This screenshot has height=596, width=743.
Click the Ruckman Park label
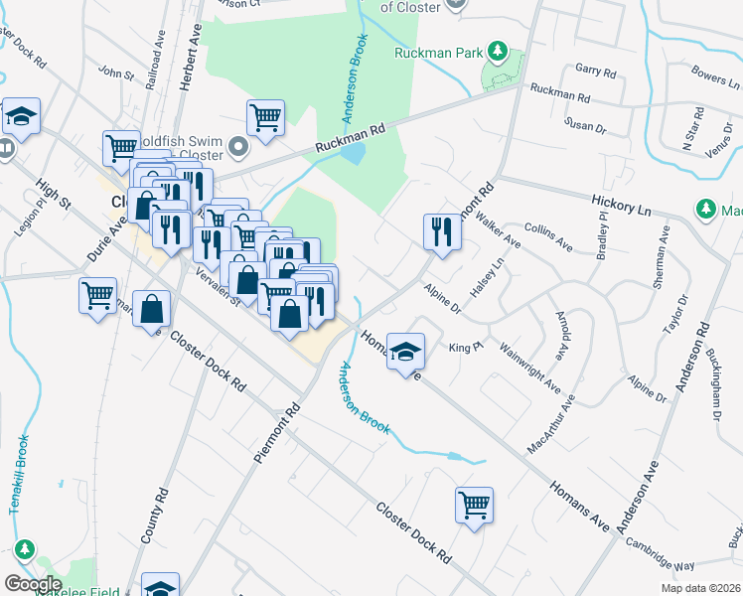tap(436, 52)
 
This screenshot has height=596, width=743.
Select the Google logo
tap(32, 583)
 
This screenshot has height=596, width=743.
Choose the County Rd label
tap(152, 515)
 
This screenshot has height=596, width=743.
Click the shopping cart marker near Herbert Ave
tap(265, 117)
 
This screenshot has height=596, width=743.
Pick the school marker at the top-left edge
tap(20, 115)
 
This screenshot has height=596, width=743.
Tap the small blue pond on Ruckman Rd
tap(356, 153)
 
